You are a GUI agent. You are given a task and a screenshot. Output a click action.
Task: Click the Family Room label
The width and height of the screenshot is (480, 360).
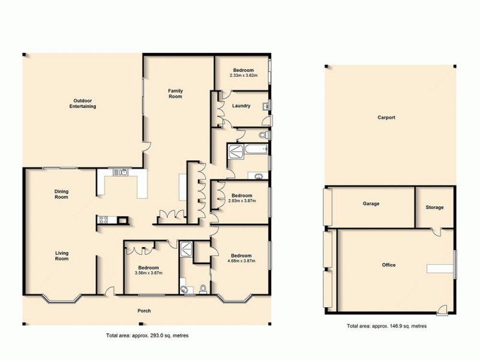click(175, 93)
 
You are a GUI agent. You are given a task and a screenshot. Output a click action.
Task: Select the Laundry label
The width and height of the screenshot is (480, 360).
click(240, 106)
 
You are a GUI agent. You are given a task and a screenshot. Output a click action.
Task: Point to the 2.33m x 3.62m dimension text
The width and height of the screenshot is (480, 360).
click(242, 76)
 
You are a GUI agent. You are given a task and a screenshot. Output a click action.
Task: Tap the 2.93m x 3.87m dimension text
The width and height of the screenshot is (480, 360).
click(242, 201)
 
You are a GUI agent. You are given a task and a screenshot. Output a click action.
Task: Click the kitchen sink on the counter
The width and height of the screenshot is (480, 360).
click(122, 173)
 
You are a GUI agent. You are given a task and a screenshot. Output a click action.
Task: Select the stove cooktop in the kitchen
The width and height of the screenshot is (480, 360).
click(102, 220)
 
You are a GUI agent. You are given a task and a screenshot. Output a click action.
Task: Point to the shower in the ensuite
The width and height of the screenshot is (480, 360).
click(186, 247)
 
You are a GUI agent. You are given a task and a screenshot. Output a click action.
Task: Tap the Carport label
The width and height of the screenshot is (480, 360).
click(386, 118)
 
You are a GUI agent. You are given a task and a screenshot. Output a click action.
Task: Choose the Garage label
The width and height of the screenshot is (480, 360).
click(370, 204)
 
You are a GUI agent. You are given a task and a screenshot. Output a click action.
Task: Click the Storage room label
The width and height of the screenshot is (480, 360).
click(434, 208)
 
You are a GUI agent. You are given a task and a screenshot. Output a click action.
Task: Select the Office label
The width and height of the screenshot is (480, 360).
click(388, 265)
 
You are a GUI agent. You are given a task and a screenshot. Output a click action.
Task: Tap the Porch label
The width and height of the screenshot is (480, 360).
click(143, 311)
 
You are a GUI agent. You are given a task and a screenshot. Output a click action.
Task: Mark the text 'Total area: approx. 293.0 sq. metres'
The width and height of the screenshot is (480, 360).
click(147, 335)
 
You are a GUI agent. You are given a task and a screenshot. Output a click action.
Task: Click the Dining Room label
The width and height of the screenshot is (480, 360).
click(61, 194)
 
